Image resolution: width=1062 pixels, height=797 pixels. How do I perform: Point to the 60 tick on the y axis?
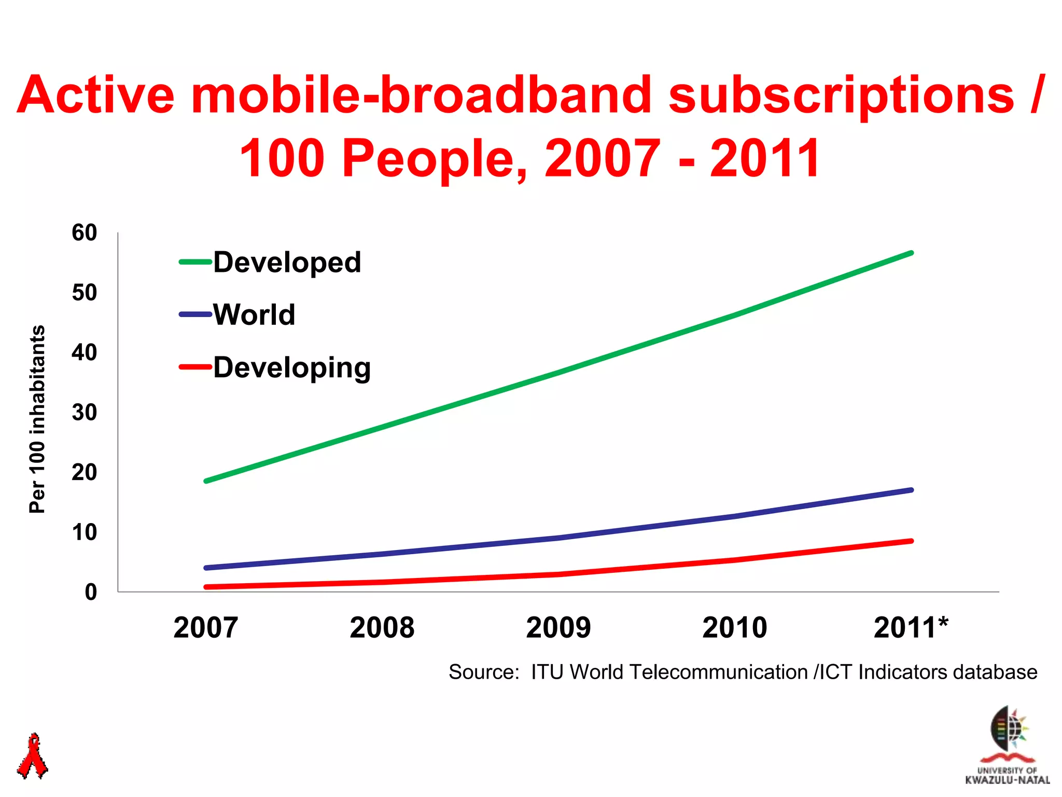point(85,232)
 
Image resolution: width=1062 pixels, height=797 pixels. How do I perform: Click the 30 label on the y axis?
point(85,413)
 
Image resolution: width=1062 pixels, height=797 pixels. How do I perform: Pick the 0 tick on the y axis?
point(91,592)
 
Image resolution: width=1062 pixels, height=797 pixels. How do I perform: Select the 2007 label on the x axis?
point(206,627)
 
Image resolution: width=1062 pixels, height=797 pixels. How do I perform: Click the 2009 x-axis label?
point(558,627)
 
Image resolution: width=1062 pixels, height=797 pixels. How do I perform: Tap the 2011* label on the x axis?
point(911,627)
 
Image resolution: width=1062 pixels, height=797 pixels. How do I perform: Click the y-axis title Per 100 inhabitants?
point(37,419)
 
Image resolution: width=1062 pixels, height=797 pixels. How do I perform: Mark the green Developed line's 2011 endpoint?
point(911,253)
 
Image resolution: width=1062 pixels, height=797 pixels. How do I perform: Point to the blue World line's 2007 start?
point(206,568)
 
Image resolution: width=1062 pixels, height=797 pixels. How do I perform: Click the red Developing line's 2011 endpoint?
point(911,541)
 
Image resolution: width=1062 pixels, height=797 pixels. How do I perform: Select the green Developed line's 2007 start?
point(206,481)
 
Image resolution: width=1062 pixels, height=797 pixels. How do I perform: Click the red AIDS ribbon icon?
point(33,756)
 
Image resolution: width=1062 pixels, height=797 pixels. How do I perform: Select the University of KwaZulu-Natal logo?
point(1008,745)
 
